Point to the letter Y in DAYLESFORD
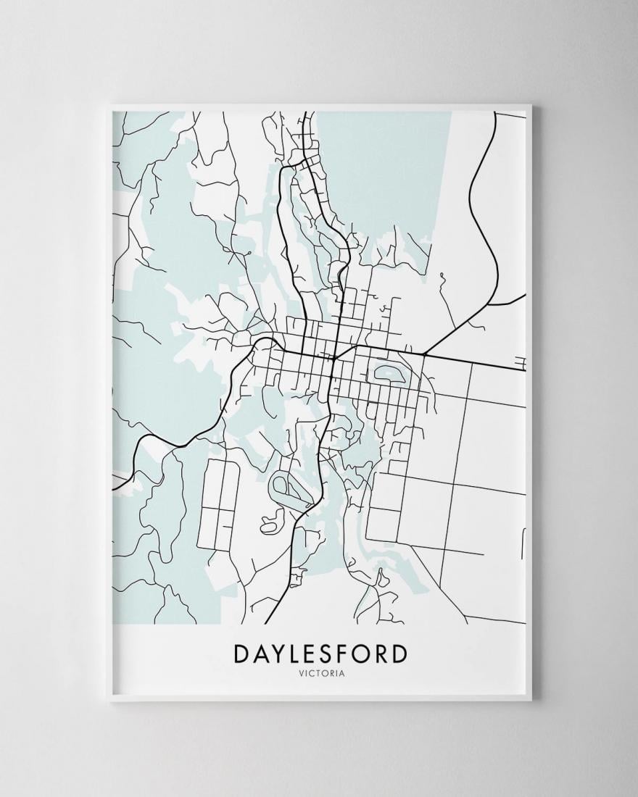tap(280, 654)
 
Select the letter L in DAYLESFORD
tap(297, 654)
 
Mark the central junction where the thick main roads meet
tap(333, 356)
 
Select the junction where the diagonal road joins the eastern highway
tap(423, 355)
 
